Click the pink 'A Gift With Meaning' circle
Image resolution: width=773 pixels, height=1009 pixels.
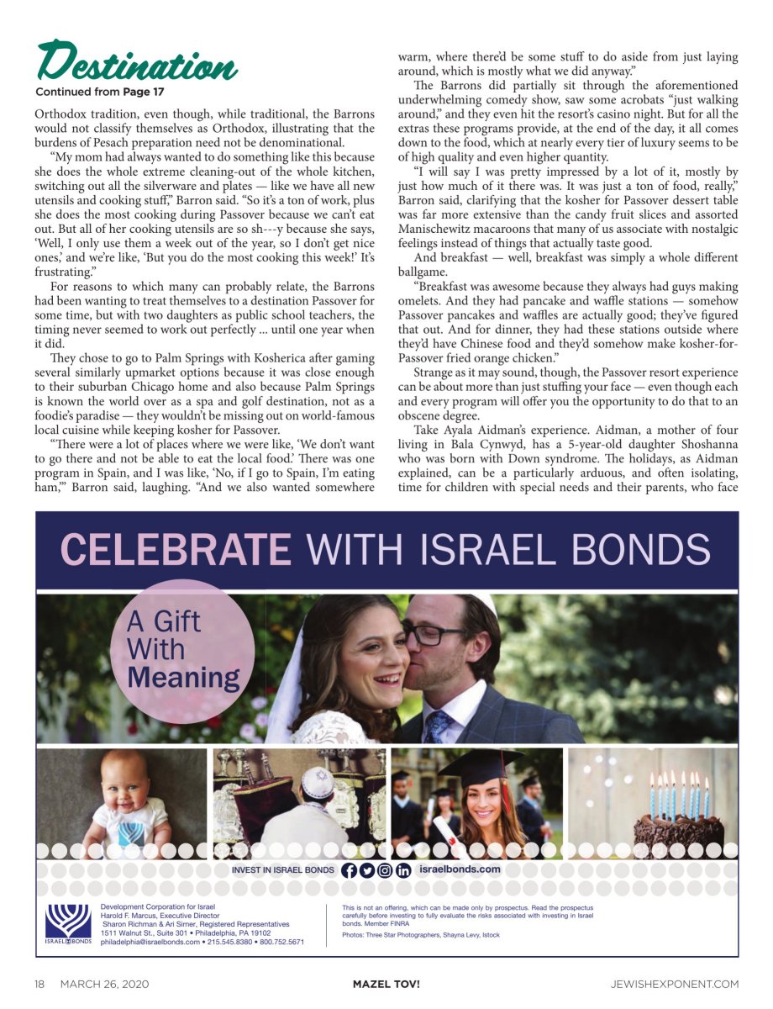pos(182,651)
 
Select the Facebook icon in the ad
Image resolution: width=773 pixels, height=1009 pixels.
pos(350,870)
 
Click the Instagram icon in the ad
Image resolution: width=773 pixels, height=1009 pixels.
pos(385,870)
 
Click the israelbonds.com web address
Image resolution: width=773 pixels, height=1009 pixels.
pos(460,869)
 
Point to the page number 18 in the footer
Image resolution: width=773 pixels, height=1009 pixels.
pos(39,984)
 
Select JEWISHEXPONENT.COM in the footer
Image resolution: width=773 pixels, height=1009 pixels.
pos(675,984)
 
